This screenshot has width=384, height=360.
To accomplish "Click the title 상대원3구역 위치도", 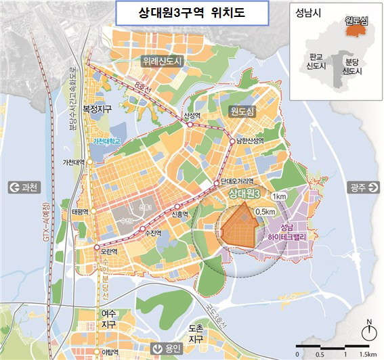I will click(x=192, y=14).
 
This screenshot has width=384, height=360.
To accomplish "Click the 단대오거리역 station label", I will click(x=237, y=181).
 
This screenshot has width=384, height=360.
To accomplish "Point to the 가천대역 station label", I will click(x=72, y=163).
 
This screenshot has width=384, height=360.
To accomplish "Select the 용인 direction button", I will click(x=167, y=348).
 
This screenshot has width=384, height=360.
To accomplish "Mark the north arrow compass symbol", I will click(x=368, y=331).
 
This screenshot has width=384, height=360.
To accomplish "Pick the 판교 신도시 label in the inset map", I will click(x=316, y=63).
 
